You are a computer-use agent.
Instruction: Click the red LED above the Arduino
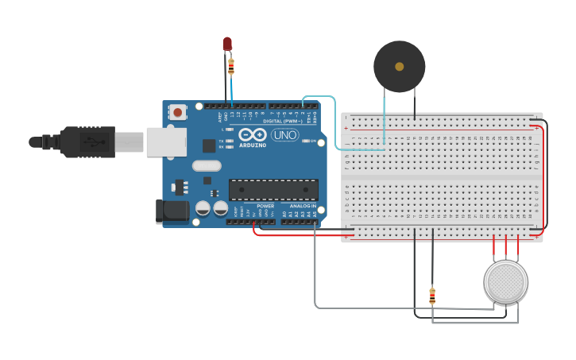pyautogui.click(x=227, y=43)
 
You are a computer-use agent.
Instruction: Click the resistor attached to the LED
pyautogui.click(x=231, y=67)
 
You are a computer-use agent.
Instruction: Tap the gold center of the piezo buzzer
pyautogui.click(x=399, y=67)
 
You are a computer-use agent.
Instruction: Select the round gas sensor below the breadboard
pyautogui.click(x=505, y=281)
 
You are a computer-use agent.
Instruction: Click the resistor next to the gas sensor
pyautogui.click(x=432, y=296)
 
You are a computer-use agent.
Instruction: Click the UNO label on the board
pyautogui.click(x=284, y=134)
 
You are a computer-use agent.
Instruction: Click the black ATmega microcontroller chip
pyautogui.click(x=273, y=190)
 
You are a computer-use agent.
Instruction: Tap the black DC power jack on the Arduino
pyautogui.click(x=172, y=211)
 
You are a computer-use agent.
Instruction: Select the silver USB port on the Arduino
pyautogui.click(x=166, y=142)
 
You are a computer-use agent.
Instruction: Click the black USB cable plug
pyautogui.click(x=87, y=142)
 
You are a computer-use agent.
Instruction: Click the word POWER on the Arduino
pyautogui.click(x=265, y=206)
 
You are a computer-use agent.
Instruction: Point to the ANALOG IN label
pyautogui.click(x=302, y=206)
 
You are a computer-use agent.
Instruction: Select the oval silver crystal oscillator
pyautogui.click(x=206, y=165)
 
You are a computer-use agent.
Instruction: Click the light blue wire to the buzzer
pyautogui.click(x=334, y=119)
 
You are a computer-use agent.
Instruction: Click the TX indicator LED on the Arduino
pyautogui.click(x=230, y=141)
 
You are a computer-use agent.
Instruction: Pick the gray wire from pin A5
pyautogui.click(x=315, y=270)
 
